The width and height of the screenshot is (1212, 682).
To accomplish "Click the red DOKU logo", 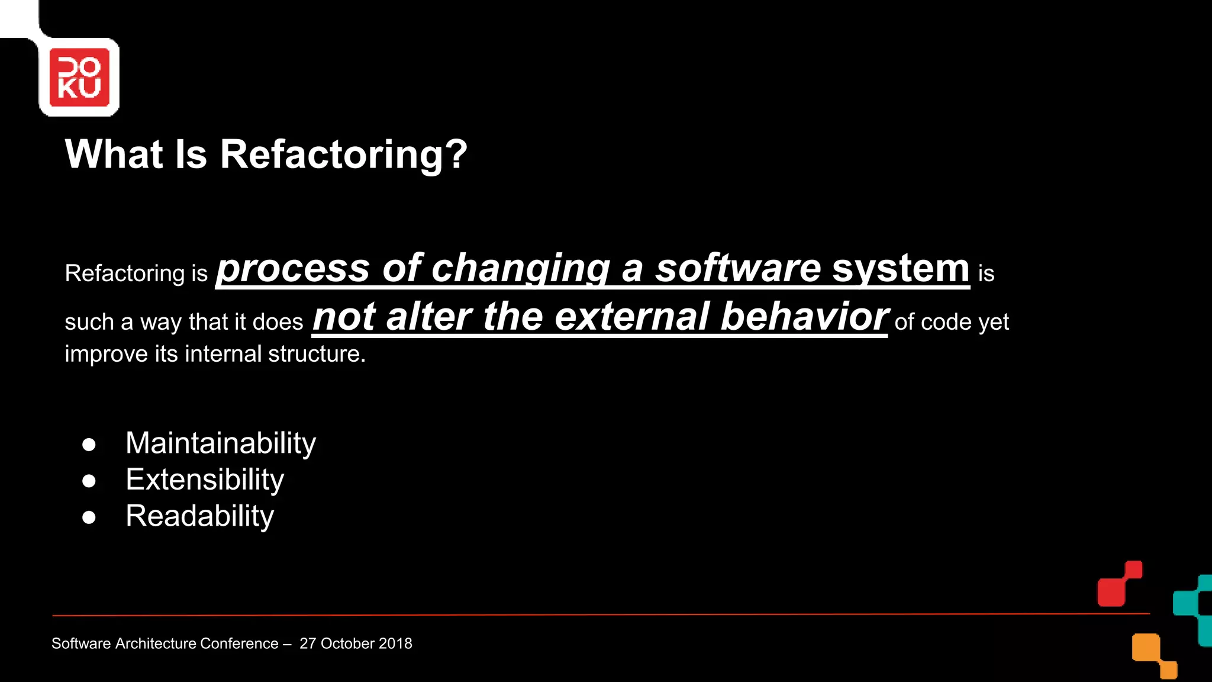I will pos(79,78).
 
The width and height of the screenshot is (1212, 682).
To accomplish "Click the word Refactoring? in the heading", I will pos(343,155).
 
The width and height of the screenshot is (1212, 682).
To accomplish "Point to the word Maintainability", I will pos(221,443).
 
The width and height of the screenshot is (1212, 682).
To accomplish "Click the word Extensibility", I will pos(205,480).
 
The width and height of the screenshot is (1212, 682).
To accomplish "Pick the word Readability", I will pos(199,516).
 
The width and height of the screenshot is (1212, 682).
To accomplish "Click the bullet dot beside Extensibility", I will pos(89,481).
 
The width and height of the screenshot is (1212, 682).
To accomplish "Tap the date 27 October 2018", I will pos(356,644).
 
